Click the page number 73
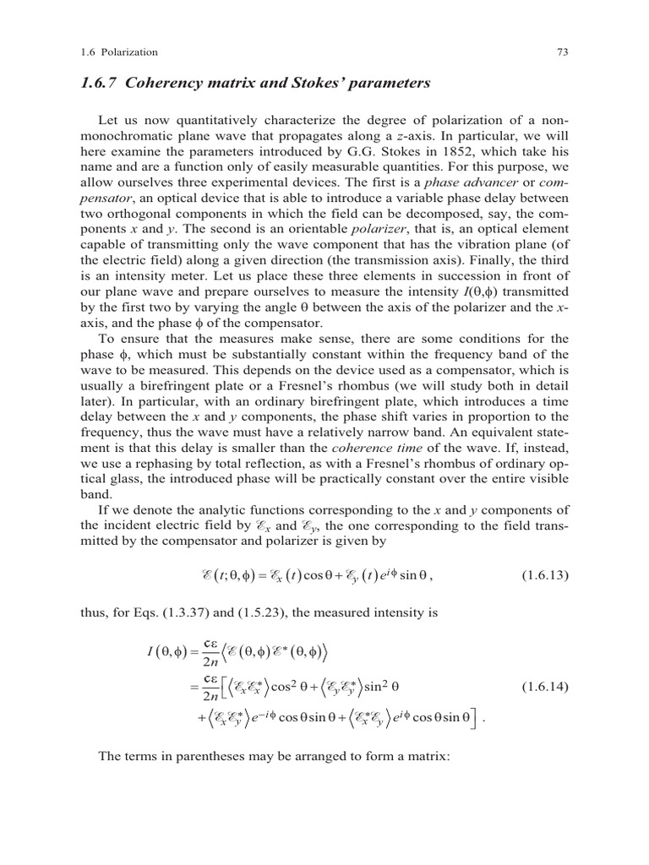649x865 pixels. point(559,52)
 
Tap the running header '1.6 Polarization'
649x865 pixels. point(117,52)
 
